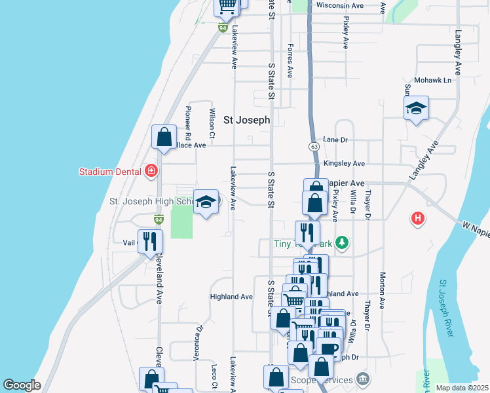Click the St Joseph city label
pos(246,120)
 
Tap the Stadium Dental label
pos(110,172)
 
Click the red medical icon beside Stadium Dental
pos(152,172)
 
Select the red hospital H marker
pos(417,218)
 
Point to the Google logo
pos(22,385)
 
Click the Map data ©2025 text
pos(462,388)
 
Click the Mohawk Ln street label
pos(437,81)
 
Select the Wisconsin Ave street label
pos(339,5)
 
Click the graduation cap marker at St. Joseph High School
pos(206,204)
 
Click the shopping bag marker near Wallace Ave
pos(164,138)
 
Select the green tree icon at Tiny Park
pos(341,244)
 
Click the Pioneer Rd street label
pos(188,123)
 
